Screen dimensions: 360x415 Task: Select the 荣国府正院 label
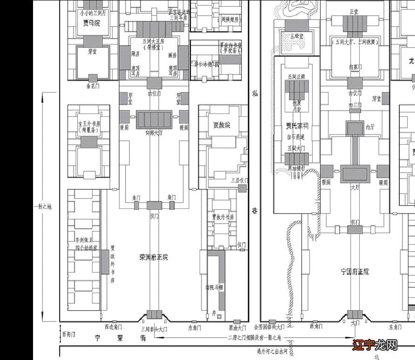click(x=153, y=257)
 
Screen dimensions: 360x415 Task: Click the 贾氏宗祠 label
click(x=296, y=125)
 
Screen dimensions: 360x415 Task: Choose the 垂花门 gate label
click(x=93, y=86)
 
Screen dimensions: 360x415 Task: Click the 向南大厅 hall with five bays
click(x=154, y=120)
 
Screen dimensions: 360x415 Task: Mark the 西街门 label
click(x=68, y=334)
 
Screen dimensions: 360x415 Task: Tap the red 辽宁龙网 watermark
click(x=375, y=345)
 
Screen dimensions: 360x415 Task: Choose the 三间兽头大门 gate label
click(x=154, y=329)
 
